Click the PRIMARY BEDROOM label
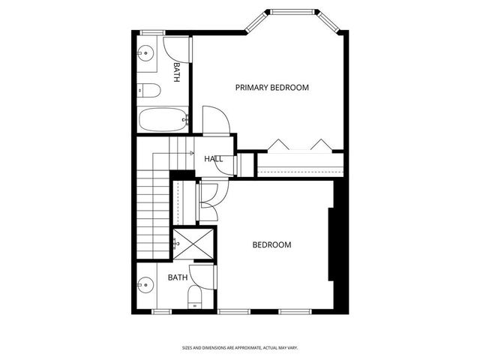[271, 88]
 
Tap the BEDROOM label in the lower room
[271, 244]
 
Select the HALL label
[213, 159]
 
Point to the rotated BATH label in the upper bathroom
[176, 72]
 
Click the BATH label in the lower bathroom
[177, 277]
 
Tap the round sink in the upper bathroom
[146, 53]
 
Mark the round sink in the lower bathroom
[145, 286]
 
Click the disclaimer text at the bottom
[250, 347]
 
